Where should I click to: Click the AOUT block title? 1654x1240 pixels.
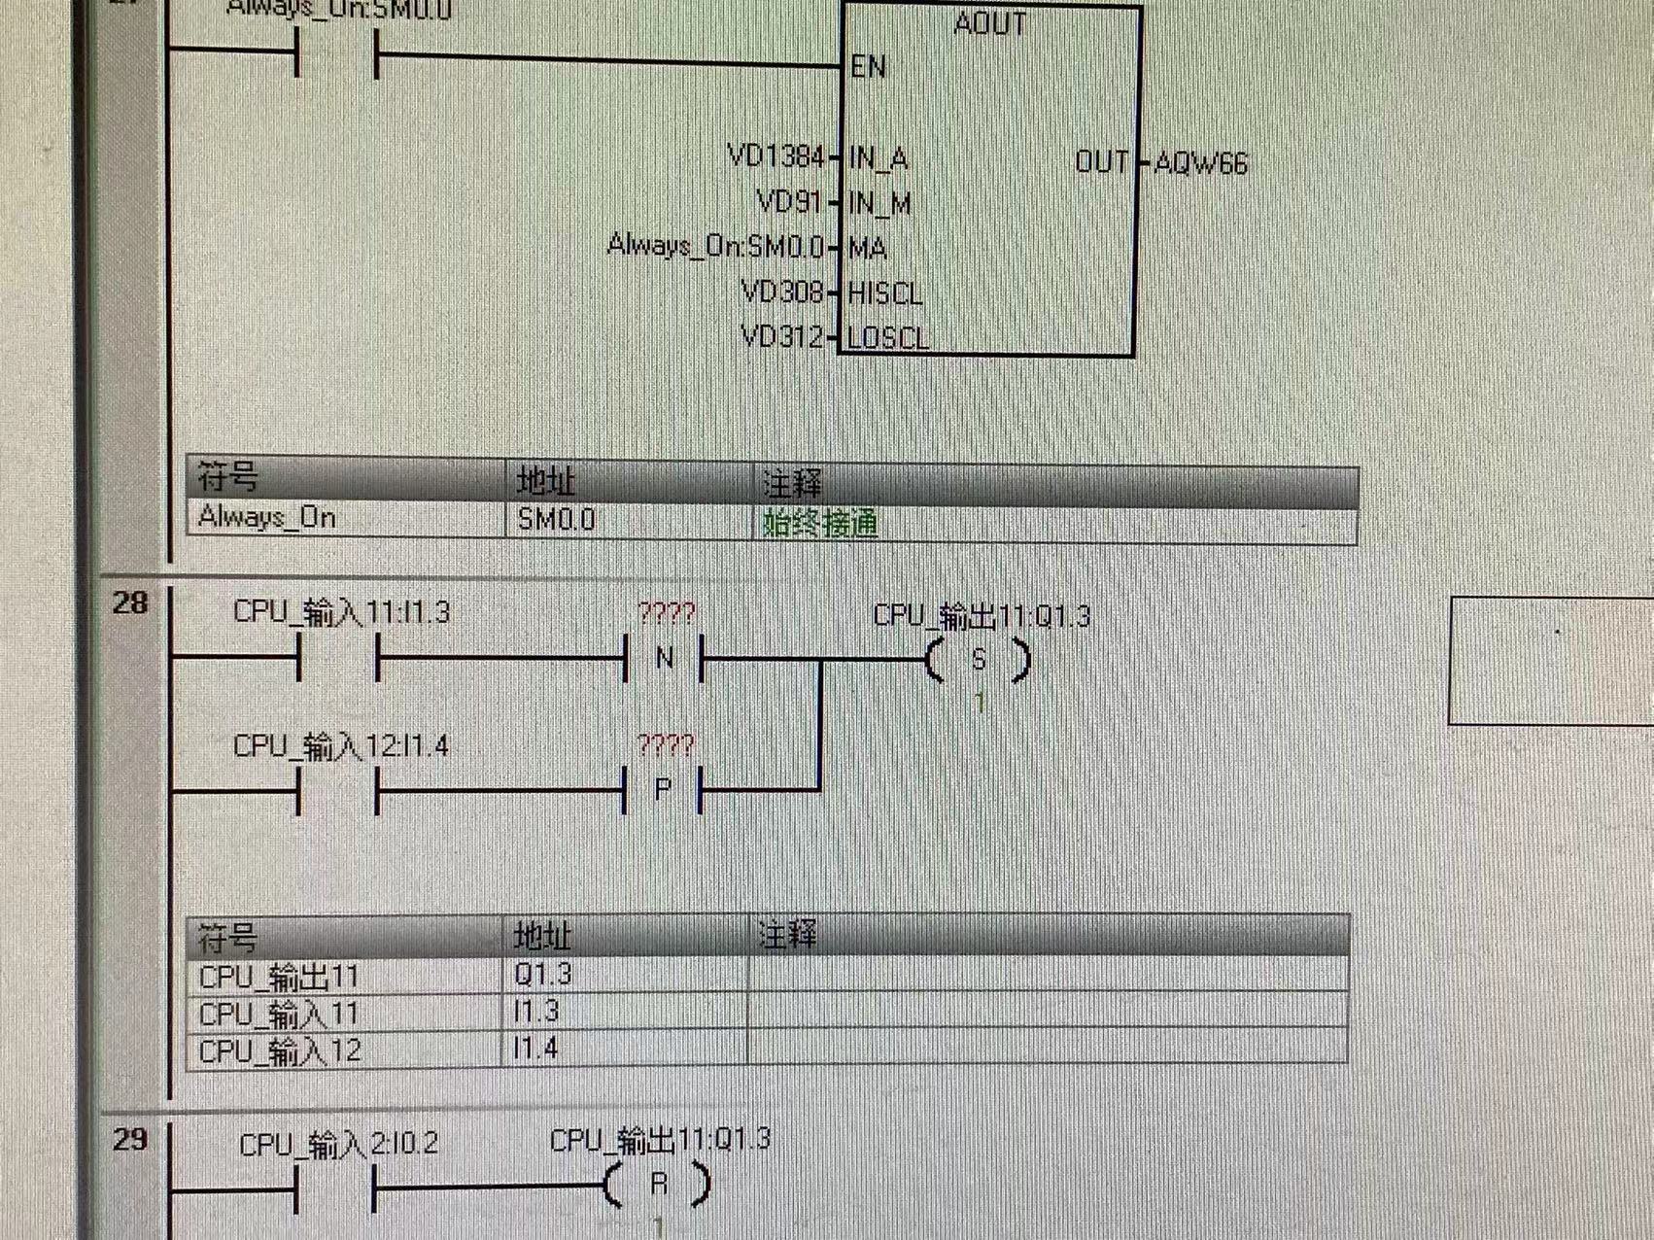(989, 23)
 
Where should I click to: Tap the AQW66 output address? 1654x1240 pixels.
(1201, 163)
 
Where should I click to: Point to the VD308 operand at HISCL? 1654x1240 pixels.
(782, 292)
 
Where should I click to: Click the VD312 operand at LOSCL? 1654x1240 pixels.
(782, 336)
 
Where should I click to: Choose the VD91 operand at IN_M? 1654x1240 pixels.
(788, 202)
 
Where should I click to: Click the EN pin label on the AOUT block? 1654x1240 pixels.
(868, 66)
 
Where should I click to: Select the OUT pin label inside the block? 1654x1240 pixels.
(1101, 161)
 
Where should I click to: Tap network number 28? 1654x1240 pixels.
(130, 603)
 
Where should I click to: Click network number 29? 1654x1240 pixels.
(130, 1139)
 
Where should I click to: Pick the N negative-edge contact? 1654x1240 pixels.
(665, 659)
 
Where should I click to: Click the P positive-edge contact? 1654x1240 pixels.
(663, 789)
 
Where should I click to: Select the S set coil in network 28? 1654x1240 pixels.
(979, 661)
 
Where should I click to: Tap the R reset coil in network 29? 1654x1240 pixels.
(658, 1184)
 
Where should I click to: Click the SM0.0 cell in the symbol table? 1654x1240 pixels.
(556, 520)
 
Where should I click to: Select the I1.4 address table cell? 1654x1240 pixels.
(536, 1049)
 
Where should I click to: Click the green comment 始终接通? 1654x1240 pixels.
(820, 524)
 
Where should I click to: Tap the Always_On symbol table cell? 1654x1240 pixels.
(267, 517)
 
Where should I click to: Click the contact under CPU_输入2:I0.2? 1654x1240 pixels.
(336, 1186)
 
